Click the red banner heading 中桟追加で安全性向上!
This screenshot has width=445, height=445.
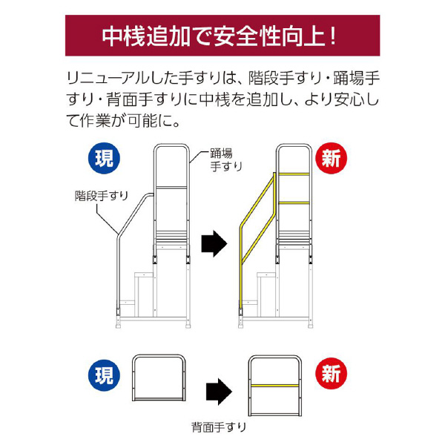(x=222, y=36)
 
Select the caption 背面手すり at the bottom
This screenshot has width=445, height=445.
(x=218, y=427)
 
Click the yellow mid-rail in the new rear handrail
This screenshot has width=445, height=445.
(x=275, y=386)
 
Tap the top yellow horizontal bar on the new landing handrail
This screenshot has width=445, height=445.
(x=292, y=174)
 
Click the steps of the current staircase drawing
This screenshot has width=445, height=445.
(x=142, y=289)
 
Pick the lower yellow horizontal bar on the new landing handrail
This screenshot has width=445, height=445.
(x=292, y=201)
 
